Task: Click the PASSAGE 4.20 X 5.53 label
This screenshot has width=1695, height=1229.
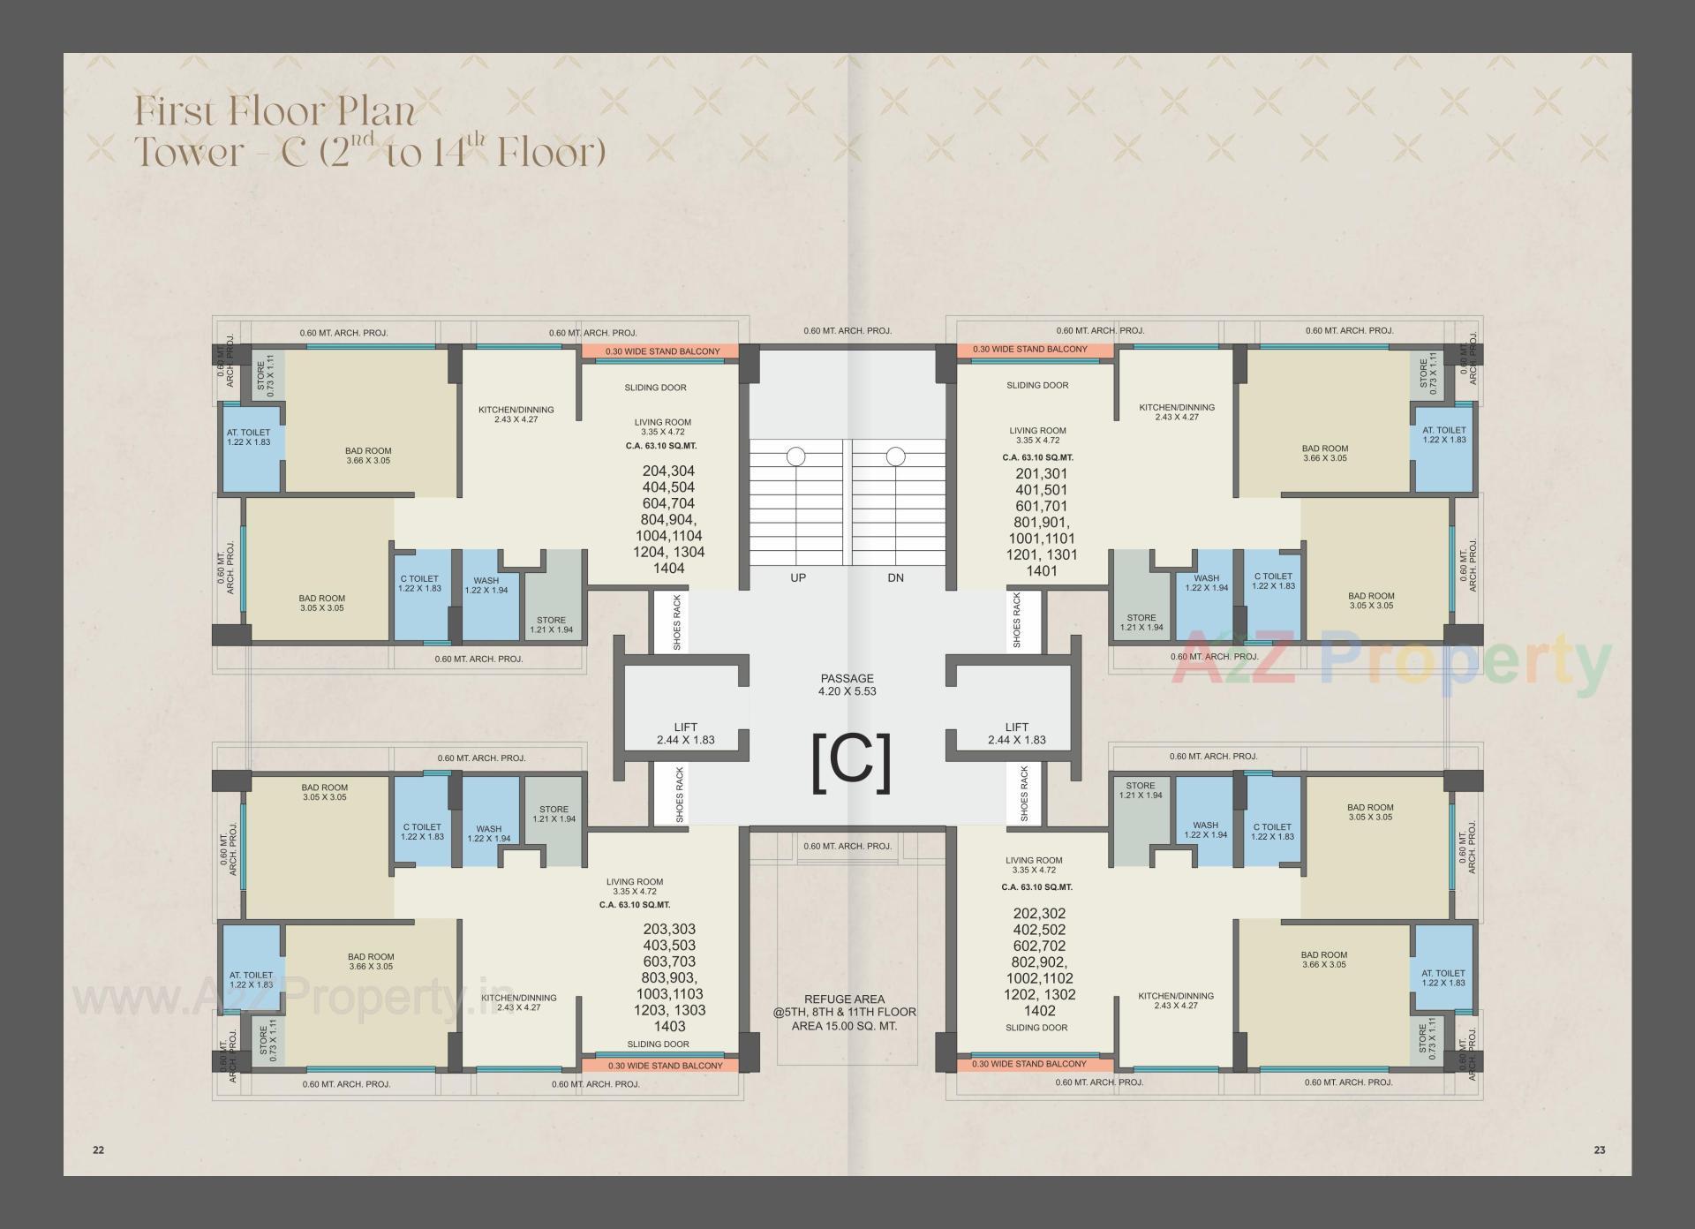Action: click(x=847, y=685)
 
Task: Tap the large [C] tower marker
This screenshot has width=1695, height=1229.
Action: click(x=850, y=762)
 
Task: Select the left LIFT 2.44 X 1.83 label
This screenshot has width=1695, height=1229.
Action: click(x=685, y=734)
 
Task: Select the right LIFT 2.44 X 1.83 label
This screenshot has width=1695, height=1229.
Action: click(x=1016, y=734)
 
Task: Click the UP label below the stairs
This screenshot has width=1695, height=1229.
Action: click(x=797, y=578)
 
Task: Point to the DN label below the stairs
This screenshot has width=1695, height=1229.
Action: click(x=895, y=578)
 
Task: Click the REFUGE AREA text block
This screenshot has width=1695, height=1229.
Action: click(x=845, y=1013)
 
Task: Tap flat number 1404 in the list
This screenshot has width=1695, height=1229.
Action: click(x=668, y=569)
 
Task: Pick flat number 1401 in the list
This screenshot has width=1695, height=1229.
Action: click(x=1042, y=571)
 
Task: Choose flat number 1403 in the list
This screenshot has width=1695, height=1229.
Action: click(x=670, y=1026)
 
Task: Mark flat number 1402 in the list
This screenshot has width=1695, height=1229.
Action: click(x=1040, y=1011)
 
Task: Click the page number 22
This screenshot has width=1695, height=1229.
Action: click(x=98, y=1150)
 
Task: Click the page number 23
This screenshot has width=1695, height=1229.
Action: click(x=1600, y=1150)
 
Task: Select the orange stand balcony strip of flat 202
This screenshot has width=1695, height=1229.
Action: click(x=1029, y=1064)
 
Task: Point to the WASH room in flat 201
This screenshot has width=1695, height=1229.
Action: click(x=1206, y=582)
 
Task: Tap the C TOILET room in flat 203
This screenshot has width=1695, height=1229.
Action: click(x=422, y=833)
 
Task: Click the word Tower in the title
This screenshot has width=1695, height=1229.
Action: click(x=188, y=152)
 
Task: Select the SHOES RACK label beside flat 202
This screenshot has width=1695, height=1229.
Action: click(x=1023, y=795)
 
